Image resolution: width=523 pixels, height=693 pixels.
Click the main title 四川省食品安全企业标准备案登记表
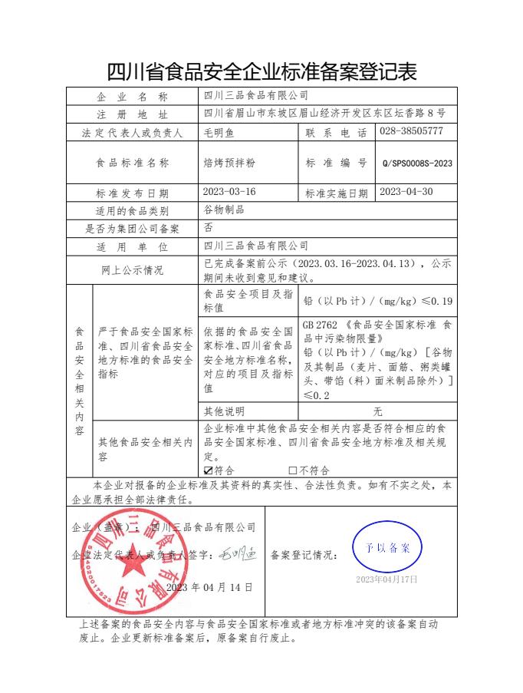[261, 72]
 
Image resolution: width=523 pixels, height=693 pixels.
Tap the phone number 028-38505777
[411, 131]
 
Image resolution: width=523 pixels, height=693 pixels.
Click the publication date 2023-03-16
[229, 192]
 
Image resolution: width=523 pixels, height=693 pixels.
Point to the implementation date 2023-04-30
[406, 192]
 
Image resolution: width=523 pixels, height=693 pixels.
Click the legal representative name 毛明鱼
[218, 132]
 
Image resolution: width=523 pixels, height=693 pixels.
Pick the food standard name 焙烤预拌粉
[228, 163]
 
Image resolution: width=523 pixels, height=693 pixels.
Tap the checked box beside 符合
[208, 470]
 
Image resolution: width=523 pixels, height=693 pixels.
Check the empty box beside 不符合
[292, 470]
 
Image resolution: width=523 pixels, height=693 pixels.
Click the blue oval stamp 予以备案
[386, 547]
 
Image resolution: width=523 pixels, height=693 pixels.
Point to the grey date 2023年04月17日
[386, 579]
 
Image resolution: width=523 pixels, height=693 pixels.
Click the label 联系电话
[336, 132]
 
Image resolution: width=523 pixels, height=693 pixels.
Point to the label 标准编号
[336, 163]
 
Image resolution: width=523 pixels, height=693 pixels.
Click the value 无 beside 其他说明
[376, 411]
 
